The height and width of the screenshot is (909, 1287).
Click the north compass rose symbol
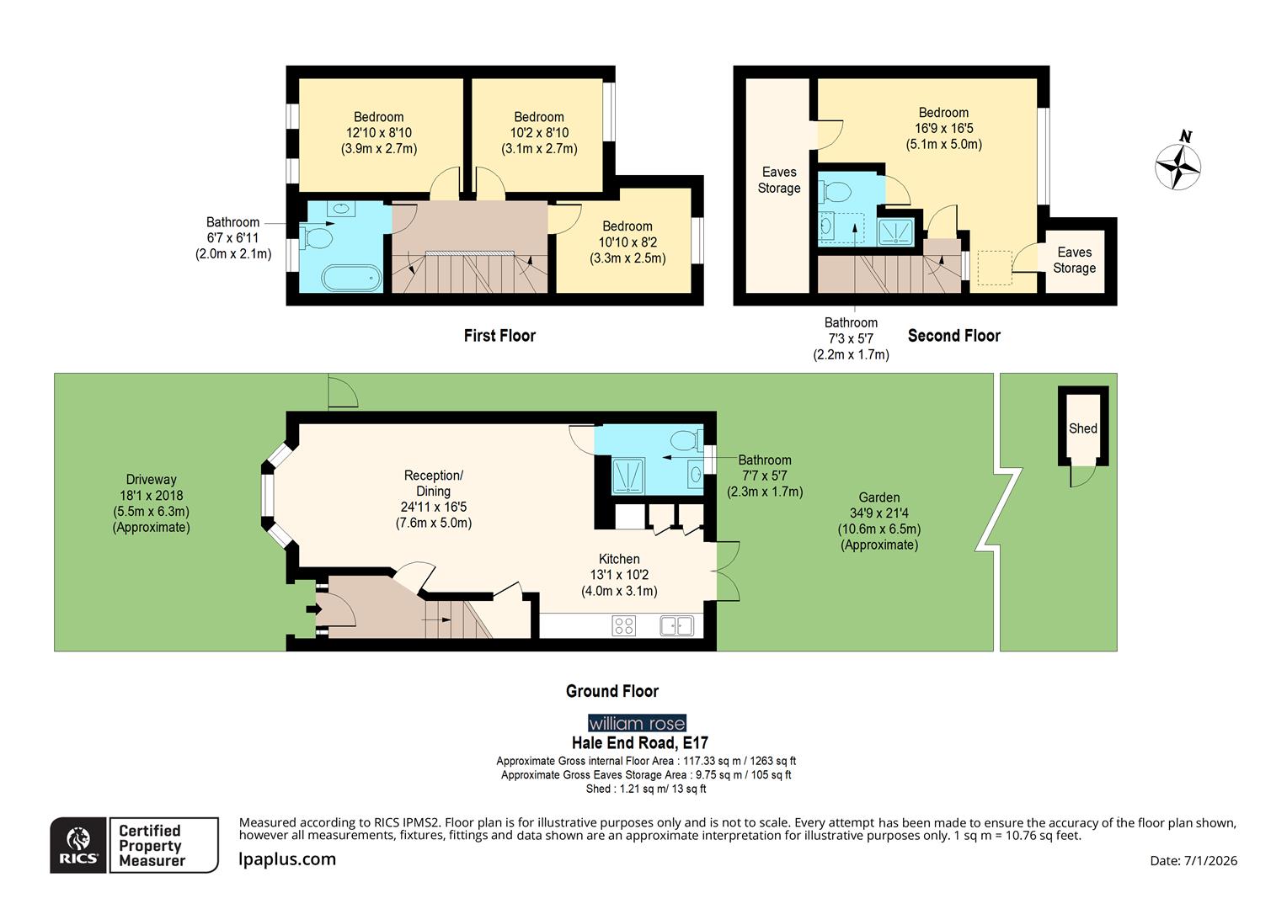coord(1178,165)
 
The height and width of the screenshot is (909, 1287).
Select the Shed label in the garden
coord(1082,428)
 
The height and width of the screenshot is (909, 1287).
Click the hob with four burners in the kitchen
coord(624,625)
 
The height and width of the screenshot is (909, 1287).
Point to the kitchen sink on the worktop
coord(676,625)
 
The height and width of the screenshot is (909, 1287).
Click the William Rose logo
coord(637,723)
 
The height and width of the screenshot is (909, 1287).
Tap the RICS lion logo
coord(78,845)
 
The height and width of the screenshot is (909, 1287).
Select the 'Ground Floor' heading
coord(611,691)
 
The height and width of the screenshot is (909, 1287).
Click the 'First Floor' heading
coord(499,336)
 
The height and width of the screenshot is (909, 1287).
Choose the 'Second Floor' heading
coord(953,336)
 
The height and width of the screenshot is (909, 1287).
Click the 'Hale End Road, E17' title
coord(639,743)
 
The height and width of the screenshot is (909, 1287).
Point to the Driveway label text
coord(152,480)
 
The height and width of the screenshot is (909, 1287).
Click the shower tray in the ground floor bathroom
coord(627,475)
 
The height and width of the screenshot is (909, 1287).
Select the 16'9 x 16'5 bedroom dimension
coord(943,129)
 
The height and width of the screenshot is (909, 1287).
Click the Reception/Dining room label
coord(433,483)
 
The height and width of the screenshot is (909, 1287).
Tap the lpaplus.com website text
coord(287,859)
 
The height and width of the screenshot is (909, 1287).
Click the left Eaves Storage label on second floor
coord(778,180)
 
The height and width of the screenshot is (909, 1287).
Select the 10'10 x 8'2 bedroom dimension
coord(627,242)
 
